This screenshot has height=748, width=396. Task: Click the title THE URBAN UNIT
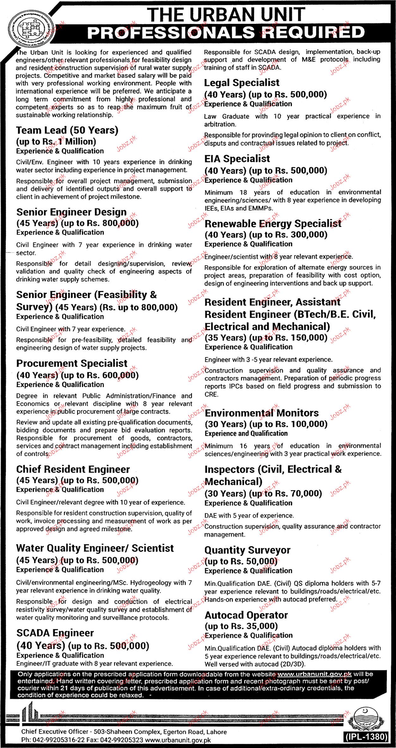[x=226, y=15]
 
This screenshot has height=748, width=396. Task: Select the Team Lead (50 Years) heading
[x=67, y=130]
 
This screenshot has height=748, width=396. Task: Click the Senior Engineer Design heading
[x=71, y=212]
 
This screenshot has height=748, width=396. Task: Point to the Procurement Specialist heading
[x=72, y=363]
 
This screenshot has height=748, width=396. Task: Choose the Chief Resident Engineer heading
[x=73, y=469]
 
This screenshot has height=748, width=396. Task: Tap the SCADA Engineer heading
[x=55, y=633]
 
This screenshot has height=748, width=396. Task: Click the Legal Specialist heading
[x=242, y=83]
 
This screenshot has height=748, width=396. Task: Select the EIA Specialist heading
[x=237, y=159]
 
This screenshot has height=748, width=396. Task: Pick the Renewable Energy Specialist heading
[x=273, y=224]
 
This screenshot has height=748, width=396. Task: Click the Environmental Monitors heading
[x=262, y=413]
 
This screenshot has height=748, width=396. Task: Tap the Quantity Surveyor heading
[x=247, y=550]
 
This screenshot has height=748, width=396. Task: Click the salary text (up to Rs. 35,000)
[x=241, y=626]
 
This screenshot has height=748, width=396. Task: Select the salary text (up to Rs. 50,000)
[x=241, y=561]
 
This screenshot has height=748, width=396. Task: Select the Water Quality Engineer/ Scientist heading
[x=95, y=548]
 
